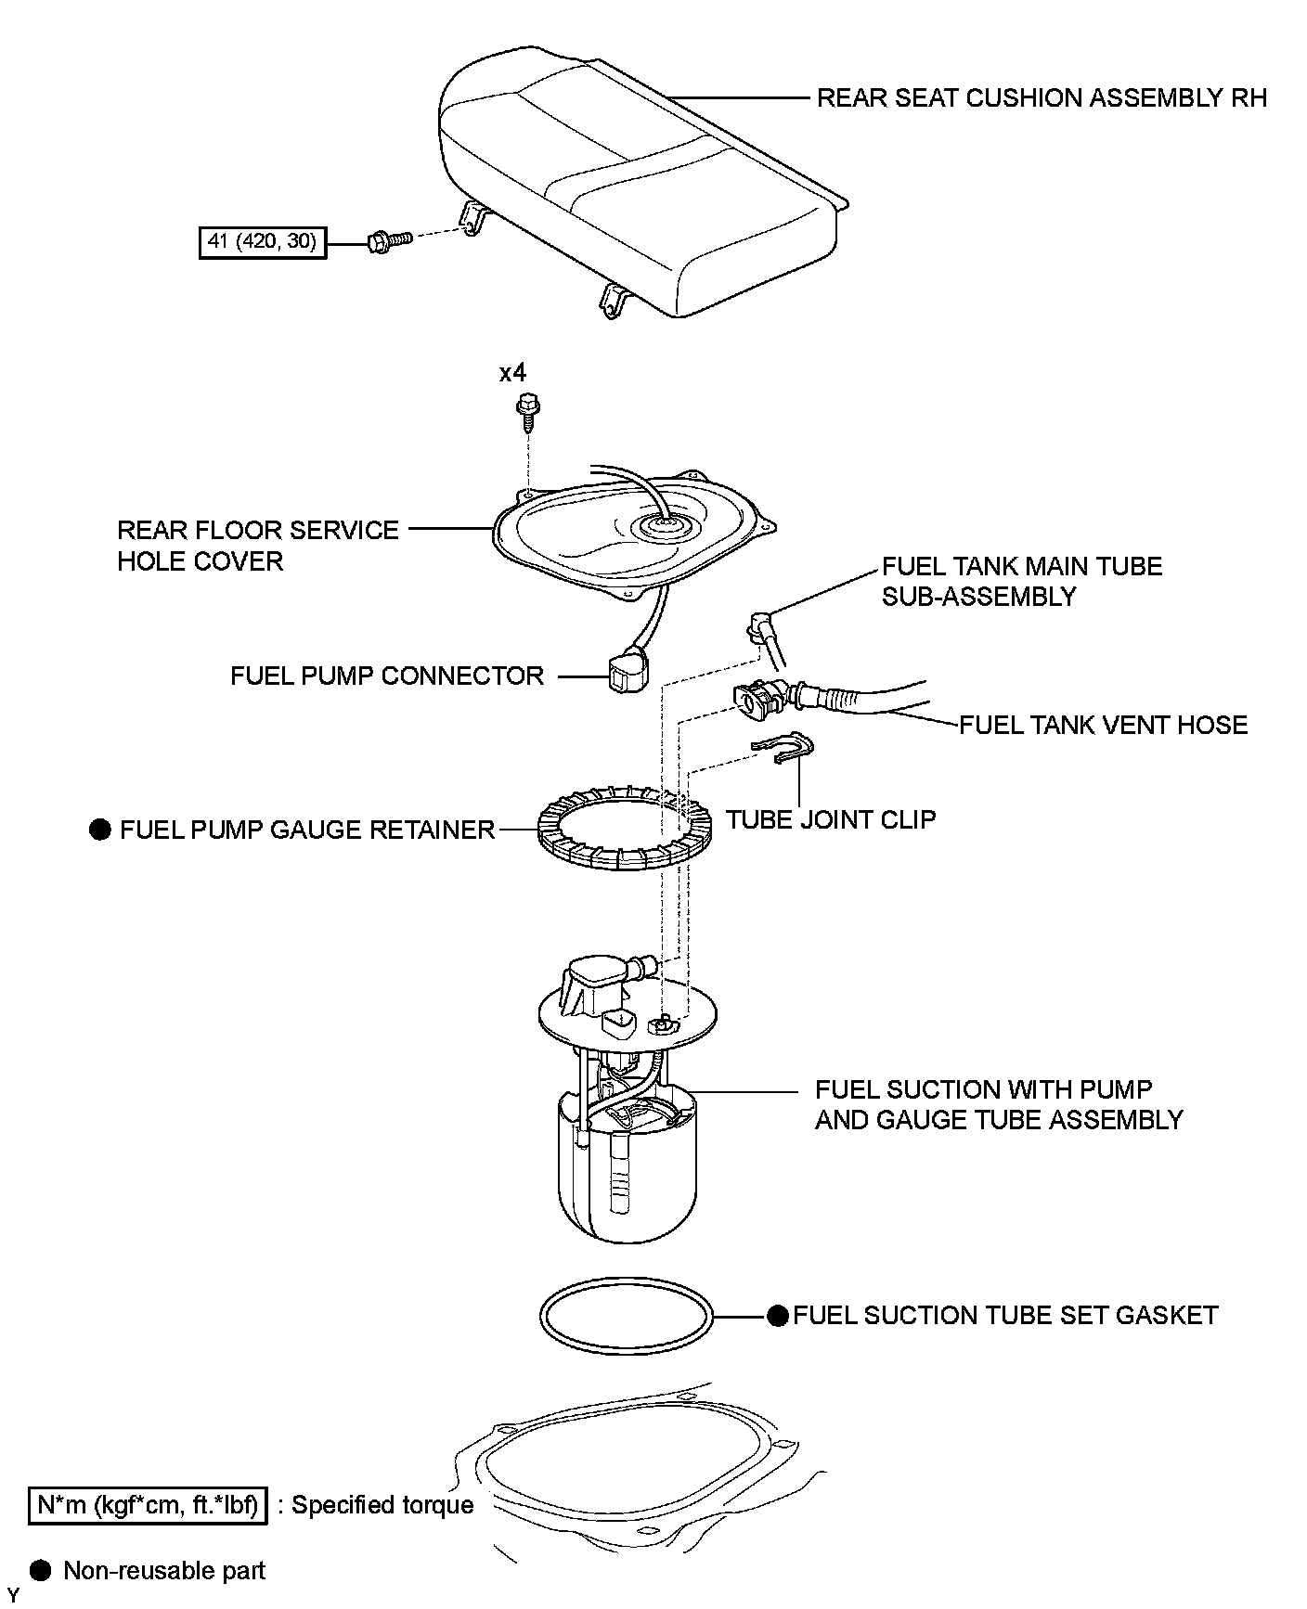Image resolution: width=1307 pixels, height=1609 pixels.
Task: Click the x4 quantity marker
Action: tap(512, 373)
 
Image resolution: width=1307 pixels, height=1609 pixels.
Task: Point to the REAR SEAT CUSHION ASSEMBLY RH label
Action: tap(1042, 98)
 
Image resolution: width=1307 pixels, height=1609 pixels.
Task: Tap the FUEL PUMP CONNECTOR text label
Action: tap(387, 676)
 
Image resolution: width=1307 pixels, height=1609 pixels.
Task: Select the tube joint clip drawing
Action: tap(784, 749)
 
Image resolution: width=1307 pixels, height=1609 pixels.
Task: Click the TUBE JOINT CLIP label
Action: tap(831, 819)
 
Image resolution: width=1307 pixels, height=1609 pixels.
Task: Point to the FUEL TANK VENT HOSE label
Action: tap(1103, 725)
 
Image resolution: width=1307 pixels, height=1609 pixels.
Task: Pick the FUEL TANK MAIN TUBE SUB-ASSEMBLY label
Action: tap(1021, 581)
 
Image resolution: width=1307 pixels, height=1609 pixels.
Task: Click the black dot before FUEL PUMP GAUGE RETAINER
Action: tap(99, 830)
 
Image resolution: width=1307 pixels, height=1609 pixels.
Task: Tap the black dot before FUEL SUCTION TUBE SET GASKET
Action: tap(778, 1316)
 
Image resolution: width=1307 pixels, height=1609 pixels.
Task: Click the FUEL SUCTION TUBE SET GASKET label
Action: tap(1005, 1316)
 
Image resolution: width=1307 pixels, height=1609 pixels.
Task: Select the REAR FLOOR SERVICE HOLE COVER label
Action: tap(257, 546)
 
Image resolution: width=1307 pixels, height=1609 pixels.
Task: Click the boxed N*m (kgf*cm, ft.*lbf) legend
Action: tap(149, 1505)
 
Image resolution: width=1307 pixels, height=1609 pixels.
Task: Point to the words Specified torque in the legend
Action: tap(382, 1505)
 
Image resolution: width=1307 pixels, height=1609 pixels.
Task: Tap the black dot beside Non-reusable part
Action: tap(40, 1570)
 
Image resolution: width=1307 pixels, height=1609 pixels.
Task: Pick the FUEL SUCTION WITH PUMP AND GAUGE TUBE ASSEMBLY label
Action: tap(999, 1104)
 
